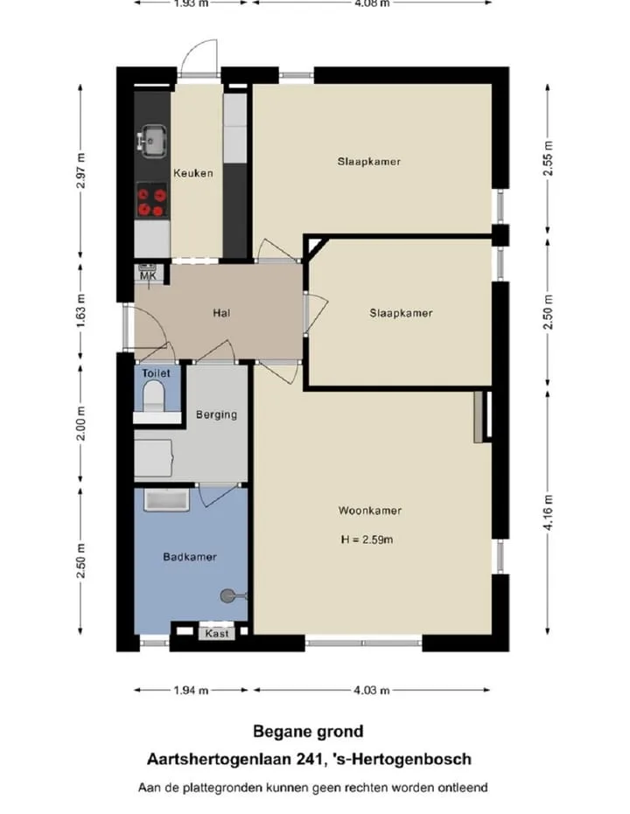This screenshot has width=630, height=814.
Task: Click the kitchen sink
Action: click(153, 140)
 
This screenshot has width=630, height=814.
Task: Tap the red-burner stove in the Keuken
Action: click(152, 200)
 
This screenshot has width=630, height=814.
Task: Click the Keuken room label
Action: click(193, 173)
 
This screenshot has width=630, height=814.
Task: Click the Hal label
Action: click(221, 313)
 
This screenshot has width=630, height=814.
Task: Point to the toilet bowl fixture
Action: click(154, 395)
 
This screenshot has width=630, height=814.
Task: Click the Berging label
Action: click(217, 414)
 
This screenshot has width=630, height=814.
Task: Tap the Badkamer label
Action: click(190, 557)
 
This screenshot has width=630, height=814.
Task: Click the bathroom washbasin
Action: click(166, 500)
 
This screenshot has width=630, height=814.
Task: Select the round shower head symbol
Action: click(227, 595)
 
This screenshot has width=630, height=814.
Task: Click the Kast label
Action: click(217, 633)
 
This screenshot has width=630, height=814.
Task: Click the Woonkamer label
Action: click(370, 511)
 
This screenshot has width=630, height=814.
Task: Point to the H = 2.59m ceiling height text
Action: click(367, 539)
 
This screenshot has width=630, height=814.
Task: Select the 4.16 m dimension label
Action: click(549, 512)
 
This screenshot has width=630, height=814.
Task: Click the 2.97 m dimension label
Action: click(80, 170)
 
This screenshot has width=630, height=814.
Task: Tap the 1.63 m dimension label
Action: click(80, 311)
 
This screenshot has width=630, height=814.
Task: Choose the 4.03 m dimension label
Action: click(371, 691)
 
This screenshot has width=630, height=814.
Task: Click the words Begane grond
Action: click(309, 732)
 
